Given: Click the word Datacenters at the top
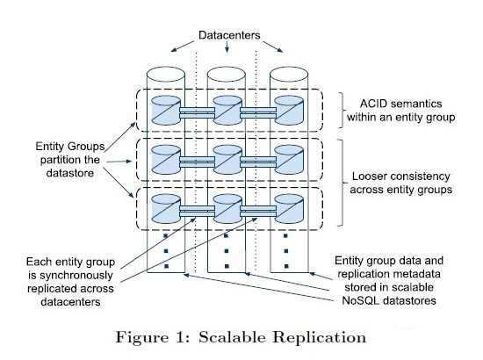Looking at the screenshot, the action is click(x=229, y=35).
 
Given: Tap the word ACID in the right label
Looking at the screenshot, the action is click(x=372, y=104).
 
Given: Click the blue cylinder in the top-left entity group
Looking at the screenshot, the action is click(x=166, y=111).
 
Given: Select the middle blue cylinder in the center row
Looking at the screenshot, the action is click(x=227, y=160).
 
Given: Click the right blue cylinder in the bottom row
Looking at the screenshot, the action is click(x=289, y=209).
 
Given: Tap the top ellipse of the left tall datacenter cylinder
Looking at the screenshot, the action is click(x=166, y=75).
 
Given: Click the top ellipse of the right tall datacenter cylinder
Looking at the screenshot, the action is click(x=289, y=75).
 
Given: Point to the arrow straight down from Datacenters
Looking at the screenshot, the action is click(x=227, y=47).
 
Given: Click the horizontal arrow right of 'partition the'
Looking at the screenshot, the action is click(x=119, y=162).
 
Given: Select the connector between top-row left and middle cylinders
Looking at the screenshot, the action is click(x=197, y=112).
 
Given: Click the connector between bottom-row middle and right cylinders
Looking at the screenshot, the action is click(x=258, y=212).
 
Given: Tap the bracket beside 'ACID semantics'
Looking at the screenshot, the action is click(x=342, y=110).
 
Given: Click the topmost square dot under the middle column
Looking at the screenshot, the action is click(x=226, y=236).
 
